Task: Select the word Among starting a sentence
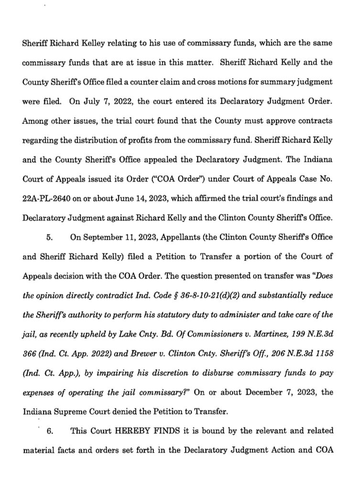click(34, 122)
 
